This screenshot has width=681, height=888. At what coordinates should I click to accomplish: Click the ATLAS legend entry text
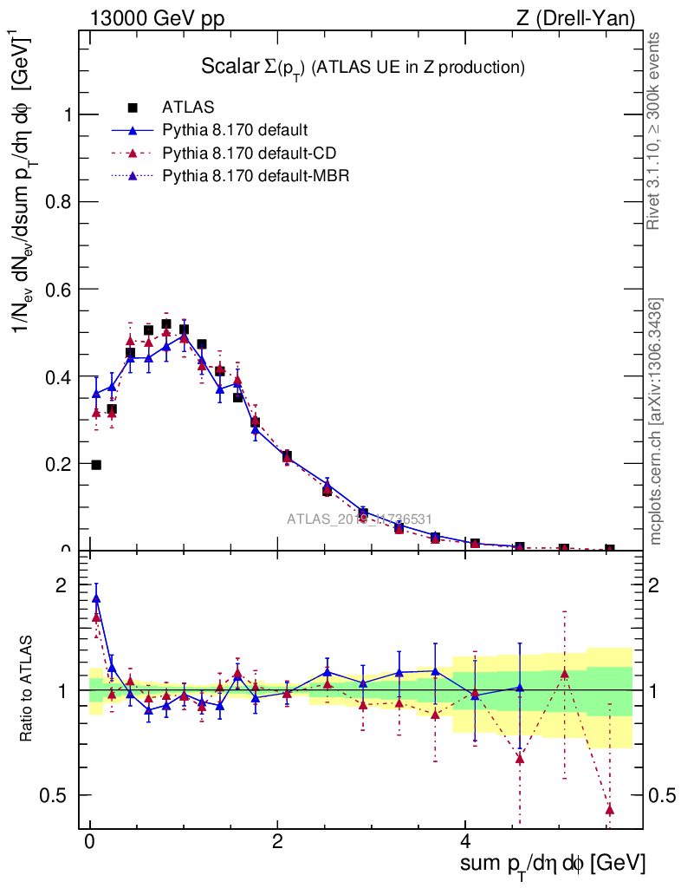(x=188, y=108)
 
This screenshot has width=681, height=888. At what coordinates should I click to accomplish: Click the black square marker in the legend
(x=133, y=108)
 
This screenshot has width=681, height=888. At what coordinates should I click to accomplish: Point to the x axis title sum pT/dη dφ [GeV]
(x=552, y=864)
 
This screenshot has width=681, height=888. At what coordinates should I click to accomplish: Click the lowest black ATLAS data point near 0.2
(x=96, y=465)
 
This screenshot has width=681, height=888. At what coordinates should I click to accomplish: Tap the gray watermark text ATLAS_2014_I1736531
(x=360, y=519)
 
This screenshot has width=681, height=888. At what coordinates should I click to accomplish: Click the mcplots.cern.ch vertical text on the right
(x=657, y=422)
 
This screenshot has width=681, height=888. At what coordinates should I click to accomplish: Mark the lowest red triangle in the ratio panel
(x=610, y=809)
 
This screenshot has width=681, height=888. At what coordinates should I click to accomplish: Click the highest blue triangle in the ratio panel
(x=96, y=597)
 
